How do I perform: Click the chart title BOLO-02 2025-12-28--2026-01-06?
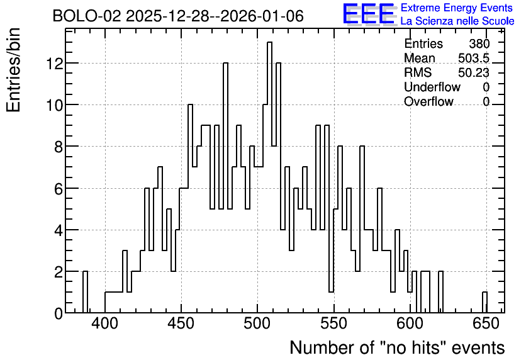coord(178,16)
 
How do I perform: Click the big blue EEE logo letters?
coord(369,14)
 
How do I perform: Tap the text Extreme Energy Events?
coord(457,8)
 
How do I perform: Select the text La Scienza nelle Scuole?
coord(457,21)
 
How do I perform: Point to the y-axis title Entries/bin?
coord(13,70)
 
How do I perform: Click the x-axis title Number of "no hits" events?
coord(397,347)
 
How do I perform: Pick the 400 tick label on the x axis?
coord(105,323)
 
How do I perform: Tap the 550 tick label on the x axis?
coord(333,323)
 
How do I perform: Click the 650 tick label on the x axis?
coord(486,323)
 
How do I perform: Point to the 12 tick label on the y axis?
coord(54,64)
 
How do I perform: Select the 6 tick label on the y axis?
coord(59,189)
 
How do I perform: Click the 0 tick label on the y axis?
coord(59,313)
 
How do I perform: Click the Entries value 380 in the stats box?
coord(479,43)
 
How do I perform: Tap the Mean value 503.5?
coord(474,58)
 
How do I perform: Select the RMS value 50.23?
coord(474,72)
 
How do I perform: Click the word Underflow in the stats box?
coord(432,87)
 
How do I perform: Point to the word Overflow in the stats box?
coord(428,101)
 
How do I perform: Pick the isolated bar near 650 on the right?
coord(484,302)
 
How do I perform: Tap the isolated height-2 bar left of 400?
coord(85,292)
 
